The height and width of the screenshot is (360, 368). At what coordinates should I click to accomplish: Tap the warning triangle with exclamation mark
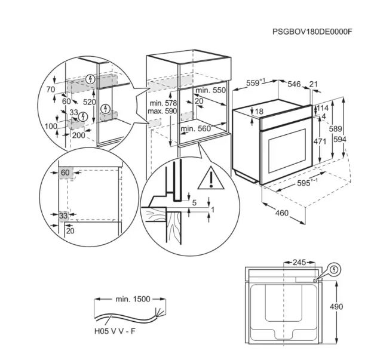tap(211, 177)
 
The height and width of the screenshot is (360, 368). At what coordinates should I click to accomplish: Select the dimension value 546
tap(294, 84)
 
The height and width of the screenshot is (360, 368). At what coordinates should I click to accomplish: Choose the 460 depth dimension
tap(281, 213)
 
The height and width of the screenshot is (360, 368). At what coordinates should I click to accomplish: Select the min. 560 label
tap(197, 128)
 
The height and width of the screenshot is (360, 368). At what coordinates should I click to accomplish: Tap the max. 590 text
tap(162, 112)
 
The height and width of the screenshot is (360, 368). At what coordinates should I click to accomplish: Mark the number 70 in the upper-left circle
tap(51, 90)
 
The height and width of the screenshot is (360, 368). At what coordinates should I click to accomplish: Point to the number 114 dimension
tap(323, 108)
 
